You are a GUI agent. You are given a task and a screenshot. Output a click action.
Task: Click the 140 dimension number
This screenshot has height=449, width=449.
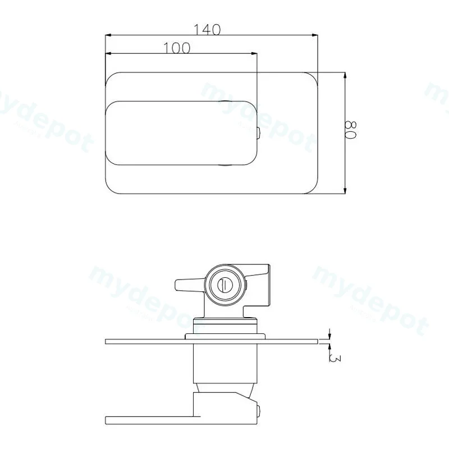tap(207, 30)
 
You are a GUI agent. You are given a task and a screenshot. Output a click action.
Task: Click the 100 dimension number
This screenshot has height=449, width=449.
tap(176, 48)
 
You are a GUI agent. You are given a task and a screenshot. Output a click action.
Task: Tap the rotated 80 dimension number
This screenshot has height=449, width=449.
tap(350, 130)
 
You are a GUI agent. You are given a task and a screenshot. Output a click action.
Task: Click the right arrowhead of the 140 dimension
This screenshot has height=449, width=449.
tap(315, 35)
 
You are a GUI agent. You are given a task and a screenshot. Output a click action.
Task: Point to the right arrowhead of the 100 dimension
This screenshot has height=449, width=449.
tap(254, 53)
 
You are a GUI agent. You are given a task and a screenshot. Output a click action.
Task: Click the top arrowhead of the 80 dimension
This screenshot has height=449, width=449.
tap(345, 76)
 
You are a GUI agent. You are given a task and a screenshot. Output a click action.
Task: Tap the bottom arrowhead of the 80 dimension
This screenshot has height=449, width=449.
tap(345, 190)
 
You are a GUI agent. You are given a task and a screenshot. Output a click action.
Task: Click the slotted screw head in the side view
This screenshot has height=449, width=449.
tap(224, 285)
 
